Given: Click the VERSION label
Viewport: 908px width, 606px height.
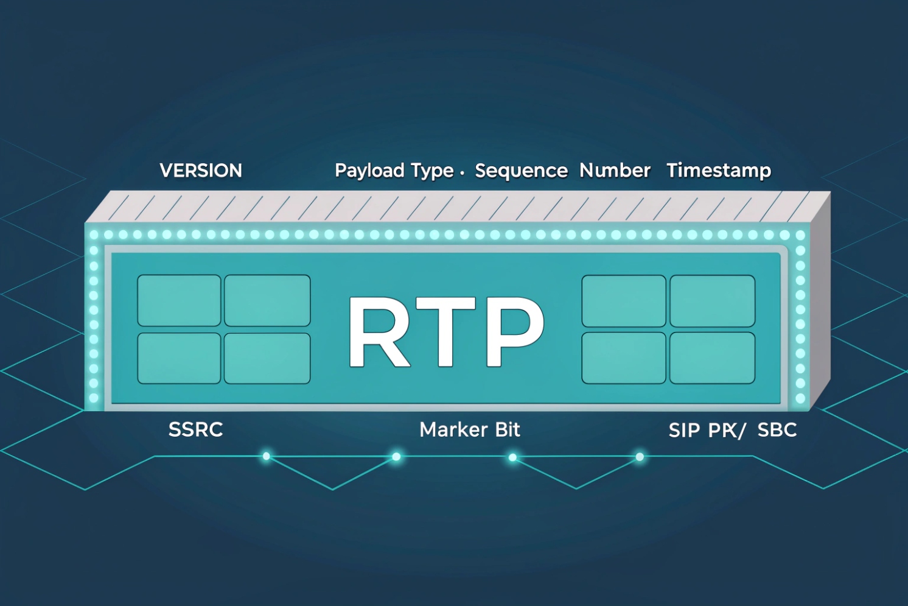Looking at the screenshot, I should pyautogui.click(x=201, y=171).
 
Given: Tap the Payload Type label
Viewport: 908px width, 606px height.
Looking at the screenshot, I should pyautogui.click(x=394, y=171).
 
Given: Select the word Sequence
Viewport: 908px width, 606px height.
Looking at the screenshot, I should pyautogui.click(x=521, y=171).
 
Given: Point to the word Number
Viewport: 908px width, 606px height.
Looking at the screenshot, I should pyautogui.click(x=615, y=171).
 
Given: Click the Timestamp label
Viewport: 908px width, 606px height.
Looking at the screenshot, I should pyautogui.click(x=719, y=171).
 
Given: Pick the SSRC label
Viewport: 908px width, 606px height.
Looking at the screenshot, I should pyautogui.click(x=195, y=430).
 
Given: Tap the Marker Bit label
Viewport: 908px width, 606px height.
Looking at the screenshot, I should pyautogui.click(x=470, y=430).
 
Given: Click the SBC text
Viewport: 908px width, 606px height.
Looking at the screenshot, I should pyautogui.click(x=777, y=430).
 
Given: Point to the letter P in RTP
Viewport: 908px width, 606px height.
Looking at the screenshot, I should pyautogui.click(x=514, y=333).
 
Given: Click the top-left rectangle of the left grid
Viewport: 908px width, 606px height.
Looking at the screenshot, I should pyautogui.click(x=179, y=300).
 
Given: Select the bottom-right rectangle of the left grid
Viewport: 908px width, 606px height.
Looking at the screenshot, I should pyautogui.click(x=267, y=358).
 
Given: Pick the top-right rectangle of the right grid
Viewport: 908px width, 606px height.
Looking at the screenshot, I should pyautogui.click(x=712, y=301).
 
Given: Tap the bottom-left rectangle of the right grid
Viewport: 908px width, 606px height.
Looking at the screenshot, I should pyautogui.click(x=624, y=358).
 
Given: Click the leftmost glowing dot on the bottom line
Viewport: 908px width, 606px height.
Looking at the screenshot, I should pyautogui.click(x=266, y=456).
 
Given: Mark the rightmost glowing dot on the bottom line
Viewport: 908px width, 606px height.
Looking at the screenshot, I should pyautogui.click(x=640, y=457).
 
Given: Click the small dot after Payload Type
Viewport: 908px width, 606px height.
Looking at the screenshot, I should pyautogui.click(x=463, y=174).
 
